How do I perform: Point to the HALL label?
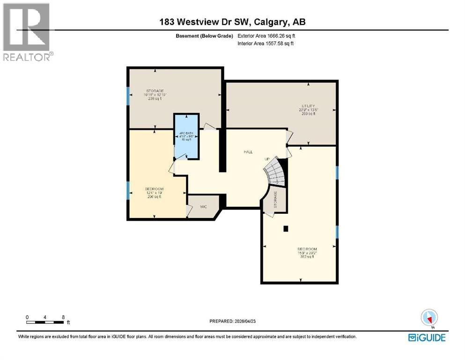point(249,152)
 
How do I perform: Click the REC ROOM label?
point(307,249)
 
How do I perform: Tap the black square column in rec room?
point(285,229)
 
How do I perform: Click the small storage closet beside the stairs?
point(275,200)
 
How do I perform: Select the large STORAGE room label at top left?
point(155,91)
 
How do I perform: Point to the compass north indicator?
point(429,318)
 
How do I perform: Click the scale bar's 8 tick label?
point(63,317)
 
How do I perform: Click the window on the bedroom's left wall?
point(128,190)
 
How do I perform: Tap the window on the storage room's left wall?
point(128,96)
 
